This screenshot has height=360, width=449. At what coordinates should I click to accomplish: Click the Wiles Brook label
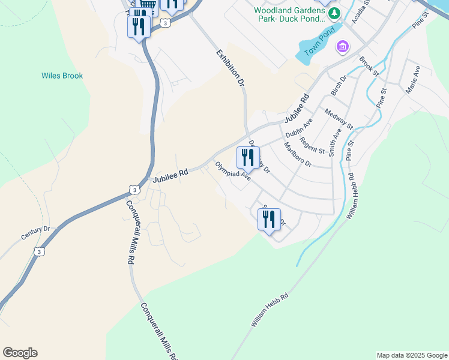[62, 76]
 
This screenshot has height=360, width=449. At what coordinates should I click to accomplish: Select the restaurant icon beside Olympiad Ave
[247, 158]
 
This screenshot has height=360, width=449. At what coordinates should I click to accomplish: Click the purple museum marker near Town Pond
[343, 46]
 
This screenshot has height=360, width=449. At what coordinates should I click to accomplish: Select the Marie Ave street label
[413, 79]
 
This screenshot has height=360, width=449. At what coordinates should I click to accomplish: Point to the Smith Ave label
[334, 143]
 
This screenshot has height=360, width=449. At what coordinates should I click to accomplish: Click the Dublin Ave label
[299, 127]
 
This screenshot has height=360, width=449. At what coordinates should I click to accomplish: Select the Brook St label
[368, 66]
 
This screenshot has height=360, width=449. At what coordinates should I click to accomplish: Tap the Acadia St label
[363, 13]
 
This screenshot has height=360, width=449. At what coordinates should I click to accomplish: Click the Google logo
[20, 353]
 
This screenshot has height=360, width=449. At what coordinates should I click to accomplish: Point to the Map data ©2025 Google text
[411, 355]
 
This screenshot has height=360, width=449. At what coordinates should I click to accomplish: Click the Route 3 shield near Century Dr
[39, 251]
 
